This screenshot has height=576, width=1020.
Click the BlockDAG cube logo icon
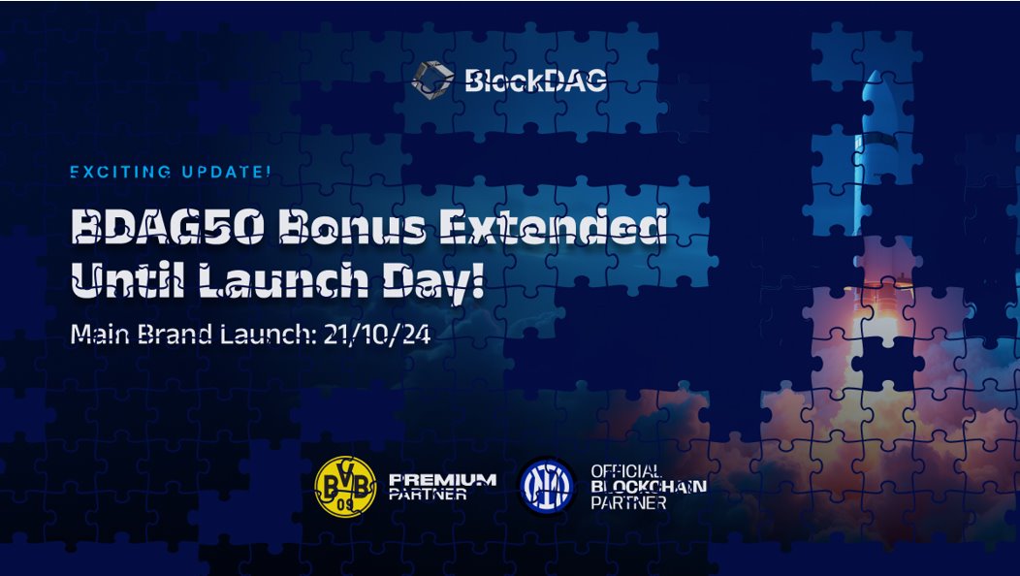(432, 80)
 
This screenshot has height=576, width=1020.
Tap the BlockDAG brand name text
(536, 80)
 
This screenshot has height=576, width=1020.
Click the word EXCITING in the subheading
(121, 172)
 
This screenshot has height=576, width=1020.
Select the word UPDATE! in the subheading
(226, 172)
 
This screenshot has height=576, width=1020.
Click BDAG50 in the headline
(168, 226)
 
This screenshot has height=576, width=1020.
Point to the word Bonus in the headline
(352, 226)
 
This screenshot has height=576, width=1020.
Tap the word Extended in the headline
(553, 226)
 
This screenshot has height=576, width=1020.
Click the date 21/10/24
(377, 335)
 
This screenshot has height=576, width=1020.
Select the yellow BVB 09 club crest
(345, 486)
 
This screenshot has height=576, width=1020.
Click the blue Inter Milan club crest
(547, 486)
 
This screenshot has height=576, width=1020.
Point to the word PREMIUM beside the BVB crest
(442, 480)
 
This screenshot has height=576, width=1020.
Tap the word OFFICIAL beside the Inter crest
(625, 471)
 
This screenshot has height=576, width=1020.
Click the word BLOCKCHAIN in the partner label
(649, 486)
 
